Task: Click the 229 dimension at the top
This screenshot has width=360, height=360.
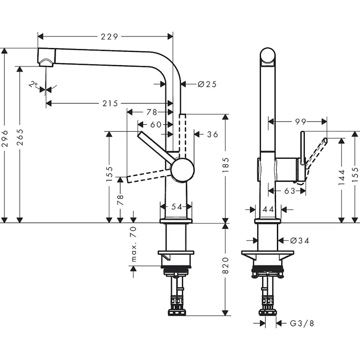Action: [109, 37]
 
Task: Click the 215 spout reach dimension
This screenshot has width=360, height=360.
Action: [110, 103]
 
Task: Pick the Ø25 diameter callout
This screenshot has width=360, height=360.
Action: [207, 84]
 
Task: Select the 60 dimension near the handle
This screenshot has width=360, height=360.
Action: [155, 125]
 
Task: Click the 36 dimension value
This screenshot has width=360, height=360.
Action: [212, 134]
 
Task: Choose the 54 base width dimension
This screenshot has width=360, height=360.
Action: [176, 207]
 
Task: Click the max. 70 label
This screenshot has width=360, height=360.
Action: [133, 244]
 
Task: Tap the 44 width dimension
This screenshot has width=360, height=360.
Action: [268, 210]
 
